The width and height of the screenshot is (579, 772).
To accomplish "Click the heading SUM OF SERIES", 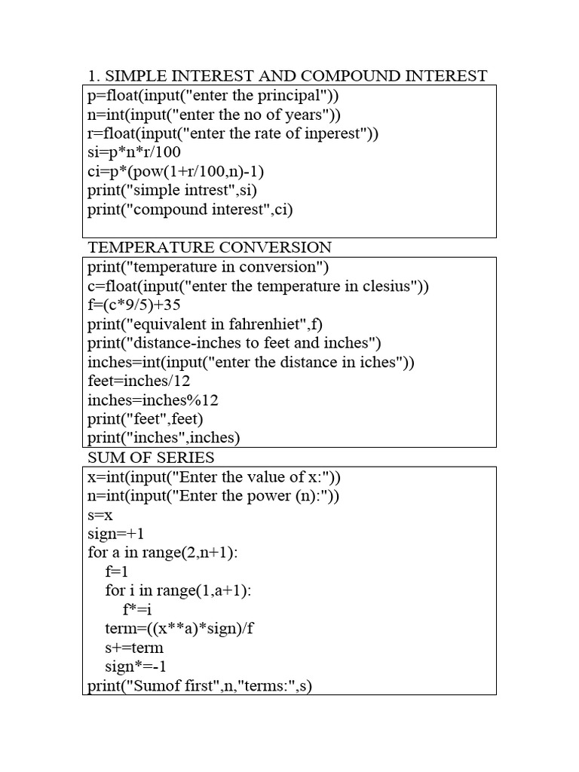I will (151, 458).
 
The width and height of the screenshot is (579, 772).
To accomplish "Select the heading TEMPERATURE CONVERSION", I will (210, 247).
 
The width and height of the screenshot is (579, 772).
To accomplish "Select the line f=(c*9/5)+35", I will (134, 305).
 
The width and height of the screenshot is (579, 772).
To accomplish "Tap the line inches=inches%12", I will (153, 400).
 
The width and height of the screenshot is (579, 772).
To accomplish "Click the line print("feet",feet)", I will (146, 418).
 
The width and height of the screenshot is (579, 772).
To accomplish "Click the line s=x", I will (100, 515).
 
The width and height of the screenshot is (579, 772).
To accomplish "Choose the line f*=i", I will (137, 609).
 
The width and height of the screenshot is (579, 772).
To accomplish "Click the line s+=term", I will (134, 647).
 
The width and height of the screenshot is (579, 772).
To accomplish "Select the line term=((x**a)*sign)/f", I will (180, 628).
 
